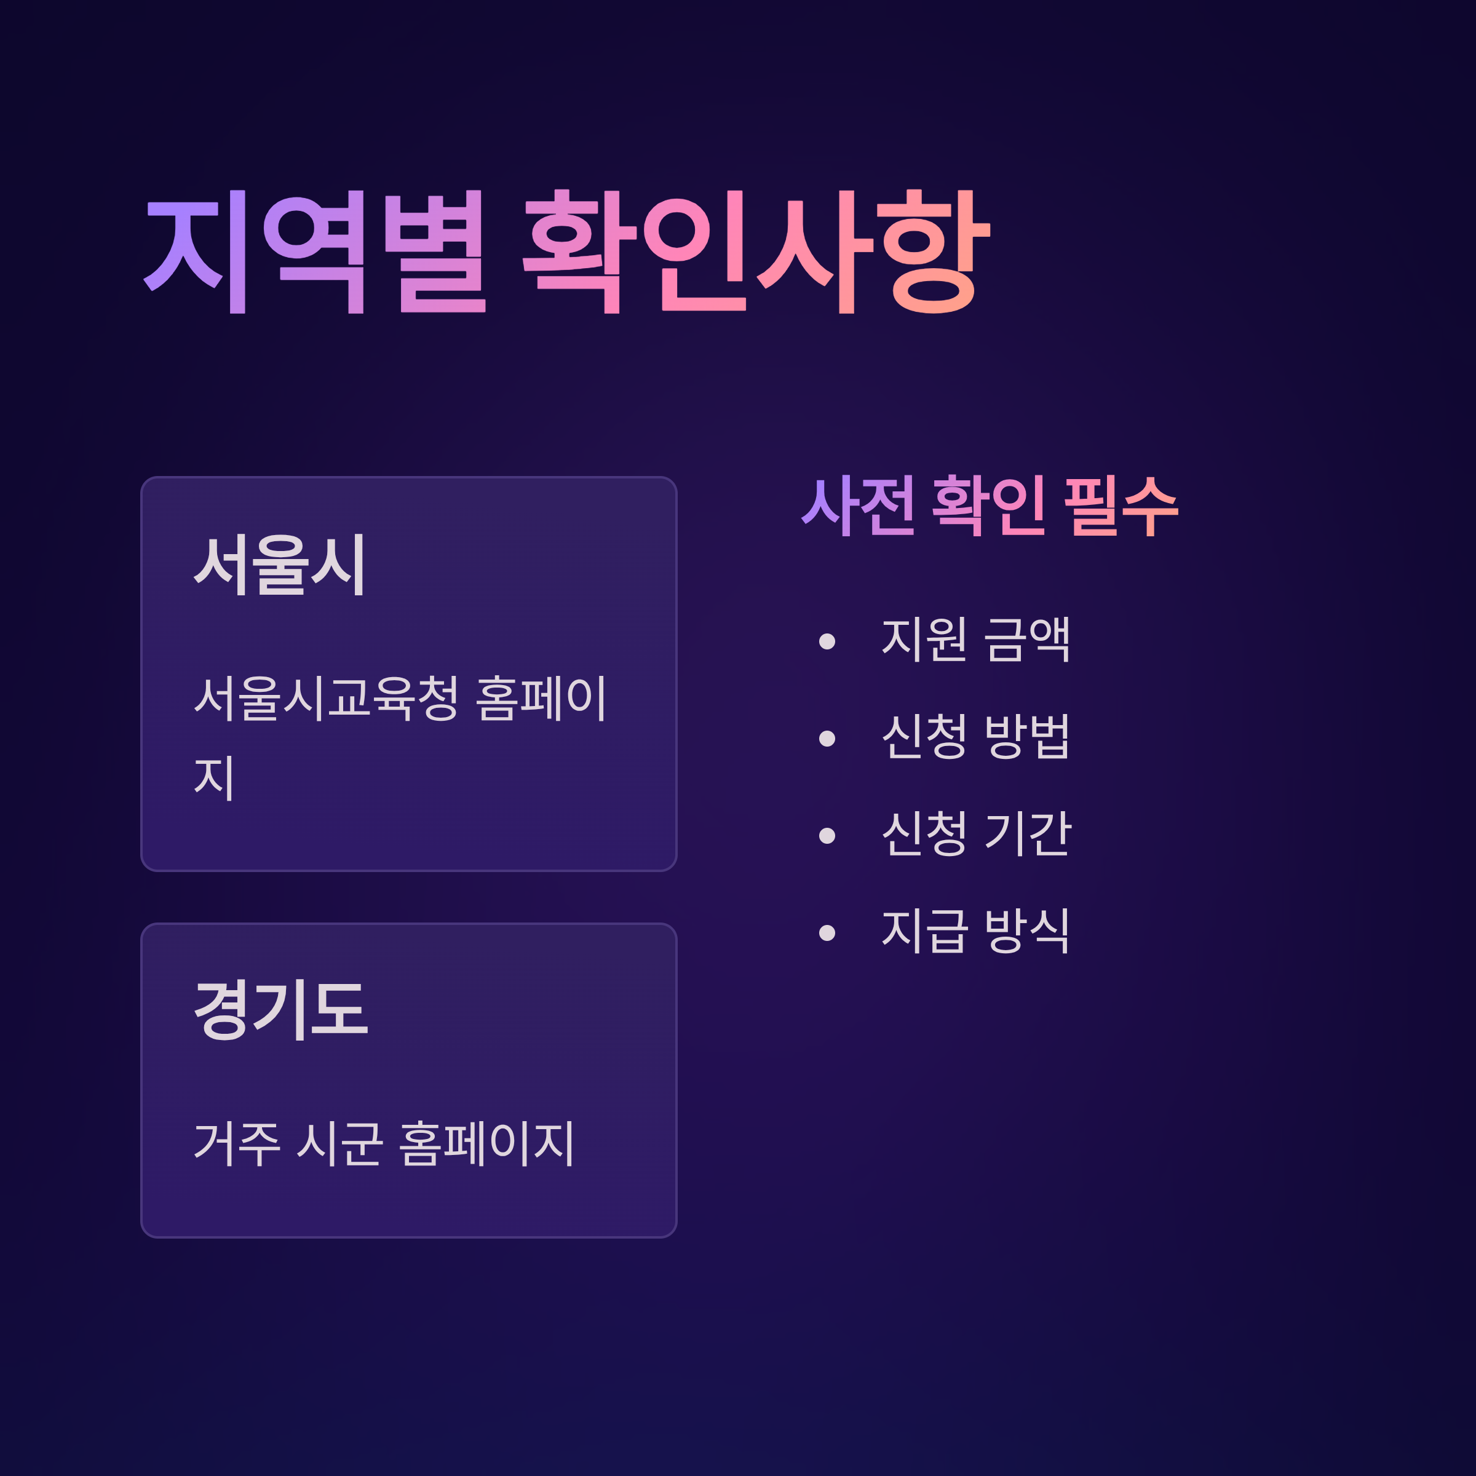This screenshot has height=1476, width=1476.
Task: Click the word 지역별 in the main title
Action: pos(315,252)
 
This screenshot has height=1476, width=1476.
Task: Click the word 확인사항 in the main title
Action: pos(756,252)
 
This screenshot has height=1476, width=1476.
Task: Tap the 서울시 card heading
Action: pos(280,566)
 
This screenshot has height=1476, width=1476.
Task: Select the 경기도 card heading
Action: pos(280,1010)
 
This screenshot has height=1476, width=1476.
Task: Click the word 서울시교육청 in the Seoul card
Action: pos(326,697)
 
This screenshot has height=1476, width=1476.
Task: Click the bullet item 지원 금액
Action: pos(975,639)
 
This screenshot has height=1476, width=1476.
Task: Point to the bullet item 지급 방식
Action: pos(975,930)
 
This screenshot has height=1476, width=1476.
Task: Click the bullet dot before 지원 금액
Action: pos(827,641)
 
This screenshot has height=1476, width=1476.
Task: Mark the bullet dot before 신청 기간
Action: pos(827,835)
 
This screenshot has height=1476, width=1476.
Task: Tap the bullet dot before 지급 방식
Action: pos(827,932)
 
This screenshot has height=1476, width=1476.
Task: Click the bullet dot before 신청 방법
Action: pos(827,738)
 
